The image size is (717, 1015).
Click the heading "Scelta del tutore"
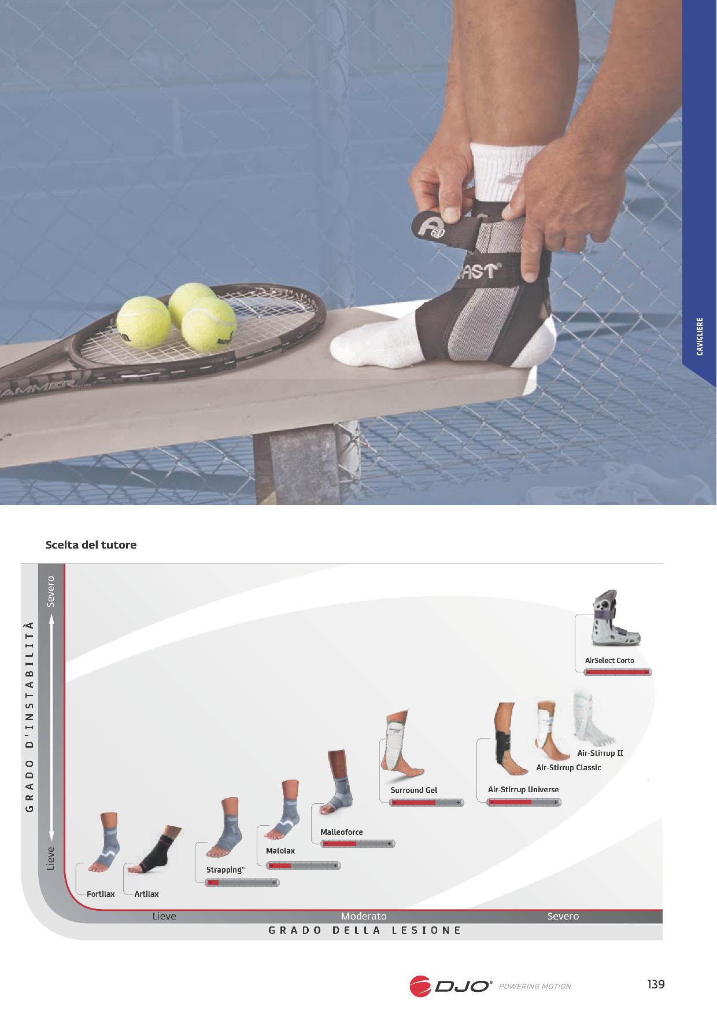tap(91, 545)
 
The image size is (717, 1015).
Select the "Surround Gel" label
tap(413, 790)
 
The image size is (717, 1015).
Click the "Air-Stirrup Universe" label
tap(523, 789)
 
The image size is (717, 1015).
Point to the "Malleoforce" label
tap(342, 832)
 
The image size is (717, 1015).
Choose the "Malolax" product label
tap(280, 851)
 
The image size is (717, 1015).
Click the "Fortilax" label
tap(101, 894)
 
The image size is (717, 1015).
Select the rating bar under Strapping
tap(242, 882)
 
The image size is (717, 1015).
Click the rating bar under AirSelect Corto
tap(618, 672)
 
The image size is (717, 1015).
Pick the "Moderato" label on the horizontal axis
tap(364, 916)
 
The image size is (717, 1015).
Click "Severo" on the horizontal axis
tap(563, 916)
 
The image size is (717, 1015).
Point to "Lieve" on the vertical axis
tap(51, 858)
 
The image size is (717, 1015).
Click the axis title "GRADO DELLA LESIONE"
tap(365, 931)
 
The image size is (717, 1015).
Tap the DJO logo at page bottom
tap(450, 986)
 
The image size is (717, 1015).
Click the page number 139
tap(656, 984)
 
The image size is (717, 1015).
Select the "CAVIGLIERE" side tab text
tap(700, 336)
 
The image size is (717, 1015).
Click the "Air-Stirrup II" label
tap(600, 753)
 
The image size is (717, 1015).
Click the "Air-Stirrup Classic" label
tap(568, 767)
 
